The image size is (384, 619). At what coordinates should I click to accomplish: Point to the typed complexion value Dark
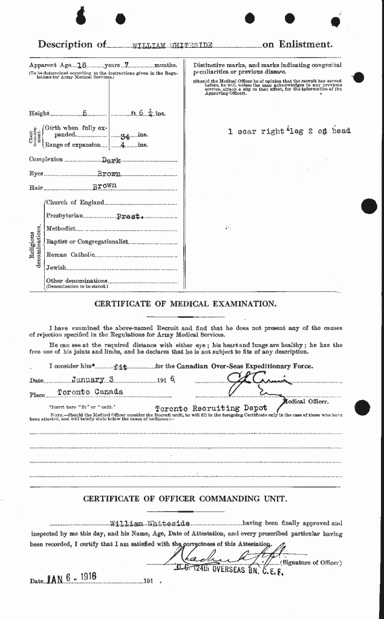point(111,160)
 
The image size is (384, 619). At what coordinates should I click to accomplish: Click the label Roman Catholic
point(71,254)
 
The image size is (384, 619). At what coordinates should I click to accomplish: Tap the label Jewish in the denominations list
point(56,267)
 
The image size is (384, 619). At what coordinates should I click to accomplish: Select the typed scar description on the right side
point(289,131)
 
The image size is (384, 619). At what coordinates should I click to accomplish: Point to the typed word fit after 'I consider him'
point(121,367)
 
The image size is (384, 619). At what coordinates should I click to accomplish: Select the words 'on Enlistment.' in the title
point(297,44)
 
